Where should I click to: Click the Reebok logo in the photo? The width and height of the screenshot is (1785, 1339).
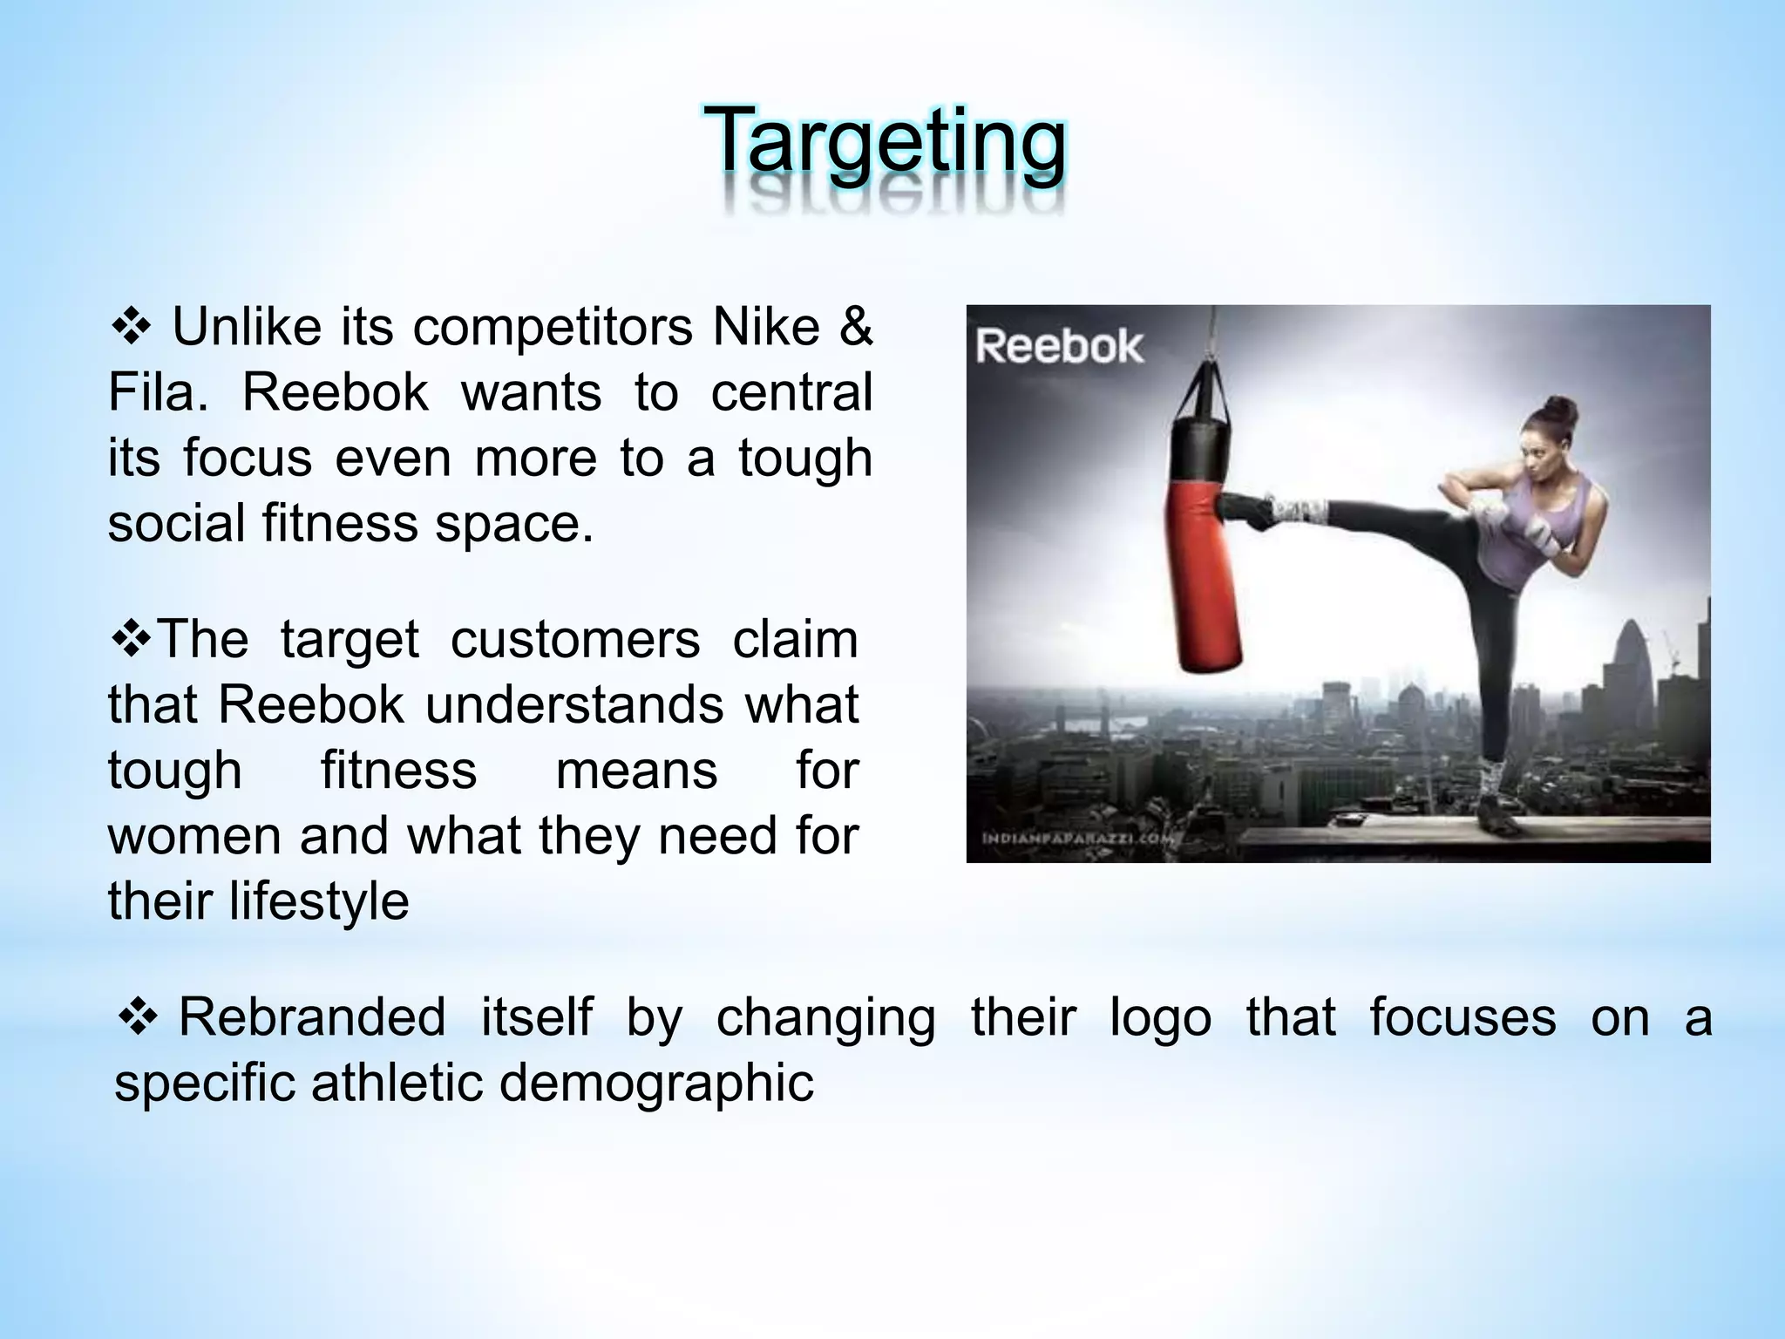pyautogui.click(x=1057, y=347)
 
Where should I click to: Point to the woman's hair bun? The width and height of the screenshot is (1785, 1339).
pyautogui.click(x=1561, y=409)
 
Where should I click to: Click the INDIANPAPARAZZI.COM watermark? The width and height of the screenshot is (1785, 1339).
pyautogui.click(x=1079, y=839)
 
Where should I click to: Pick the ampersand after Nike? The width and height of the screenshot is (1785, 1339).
pyautogui.click(x=855, y=328)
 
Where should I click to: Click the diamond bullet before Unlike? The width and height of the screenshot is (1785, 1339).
pyautogui.click(x=132, y=328)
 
